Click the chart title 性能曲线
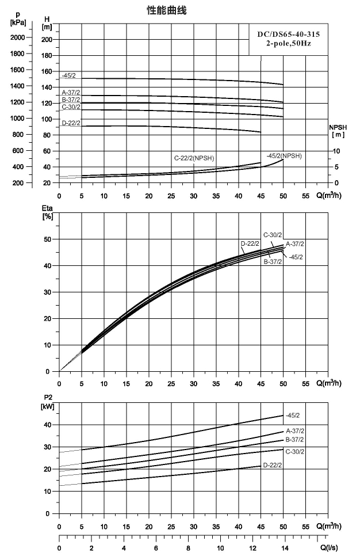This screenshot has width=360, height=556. click(x=167, y=10)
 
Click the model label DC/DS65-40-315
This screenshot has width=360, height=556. click(x=289, y=35)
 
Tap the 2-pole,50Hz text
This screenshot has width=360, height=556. click(x=289, y=44)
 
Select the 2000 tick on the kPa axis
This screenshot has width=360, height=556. click(x=17, y=37)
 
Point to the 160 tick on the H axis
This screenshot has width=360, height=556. click(x=47, y=71)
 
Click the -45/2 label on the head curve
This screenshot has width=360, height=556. click(x=69, y=75)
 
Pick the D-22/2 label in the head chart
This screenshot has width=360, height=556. click(x=71, y=123)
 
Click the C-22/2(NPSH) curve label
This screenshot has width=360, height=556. click(x=194, y=158)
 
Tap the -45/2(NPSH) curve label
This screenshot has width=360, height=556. click(x=284, y=155)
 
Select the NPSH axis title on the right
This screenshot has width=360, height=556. click(x=338, y=131)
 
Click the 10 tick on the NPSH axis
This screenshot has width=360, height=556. click(x=336, y=151)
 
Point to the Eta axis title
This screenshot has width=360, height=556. click(x=47, y=212)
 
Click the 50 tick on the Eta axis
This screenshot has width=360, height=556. click(x=48, y=239)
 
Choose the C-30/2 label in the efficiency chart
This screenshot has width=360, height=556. click(x=273, y=235)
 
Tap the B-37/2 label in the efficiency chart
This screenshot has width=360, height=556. click(x=273, y=262)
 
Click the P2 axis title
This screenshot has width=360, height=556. click(x=48, y=402)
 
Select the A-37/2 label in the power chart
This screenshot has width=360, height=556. click(x=295, y=431)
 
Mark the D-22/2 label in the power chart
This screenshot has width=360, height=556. click(x=273, y=465)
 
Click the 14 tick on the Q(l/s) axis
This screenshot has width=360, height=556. click(x=285, y=549)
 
